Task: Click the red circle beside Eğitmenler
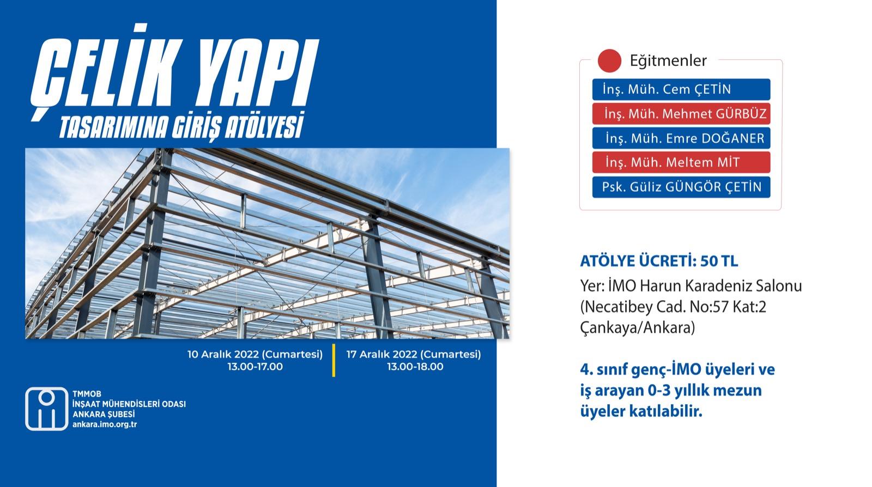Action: [x=609, y=60]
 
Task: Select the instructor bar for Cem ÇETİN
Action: [x=681, y=89]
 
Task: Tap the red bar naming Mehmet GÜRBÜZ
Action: [x=681, y=114]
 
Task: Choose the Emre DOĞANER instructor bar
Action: [x=681, y=138]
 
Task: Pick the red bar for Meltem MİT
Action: [x=681, y=162]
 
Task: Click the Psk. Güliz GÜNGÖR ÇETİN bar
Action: [x=681, y=187]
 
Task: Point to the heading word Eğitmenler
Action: [x=668, y=61]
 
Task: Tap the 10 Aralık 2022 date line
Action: [x=255, y=355]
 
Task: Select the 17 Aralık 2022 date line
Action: [x=414, y=355]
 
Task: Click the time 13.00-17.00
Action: [x=255, y=367]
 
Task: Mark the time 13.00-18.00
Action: [x=415, y=367]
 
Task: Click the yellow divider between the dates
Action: [x=334, y=360]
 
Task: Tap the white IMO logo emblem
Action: [x=47, y=409]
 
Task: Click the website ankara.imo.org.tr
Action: [x=105, y=424]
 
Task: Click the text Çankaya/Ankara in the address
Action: [x=637, y=328]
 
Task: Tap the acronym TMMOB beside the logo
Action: [x=87, y=394]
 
